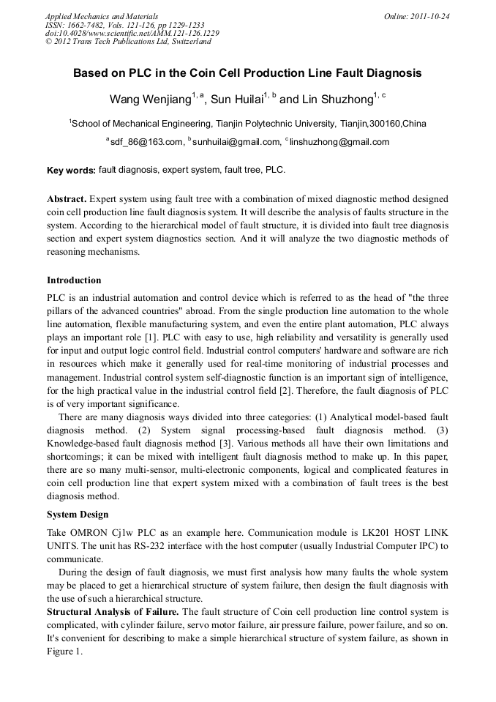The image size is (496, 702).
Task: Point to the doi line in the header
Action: [x=132, y=33]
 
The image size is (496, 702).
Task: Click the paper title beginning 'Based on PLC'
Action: [x=247, y=74]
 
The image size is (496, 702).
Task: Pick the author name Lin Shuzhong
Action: [x=337, y=99]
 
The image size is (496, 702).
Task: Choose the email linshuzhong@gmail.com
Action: [x=339, y=142]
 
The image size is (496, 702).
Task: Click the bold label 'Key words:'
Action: [x=71, y=171]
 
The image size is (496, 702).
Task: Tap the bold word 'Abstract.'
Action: [x=67, y=199]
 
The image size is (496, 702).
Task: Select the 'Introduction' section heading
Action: [x=74, y=280]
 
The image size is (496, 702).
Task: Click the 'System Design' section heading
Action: [x=78, y=514]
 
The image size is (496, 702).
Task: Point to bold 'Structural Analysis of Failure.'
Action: [x=113, y=611]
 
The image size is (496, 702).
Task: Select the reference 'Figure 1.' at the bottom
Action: [x=66, y=651]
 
